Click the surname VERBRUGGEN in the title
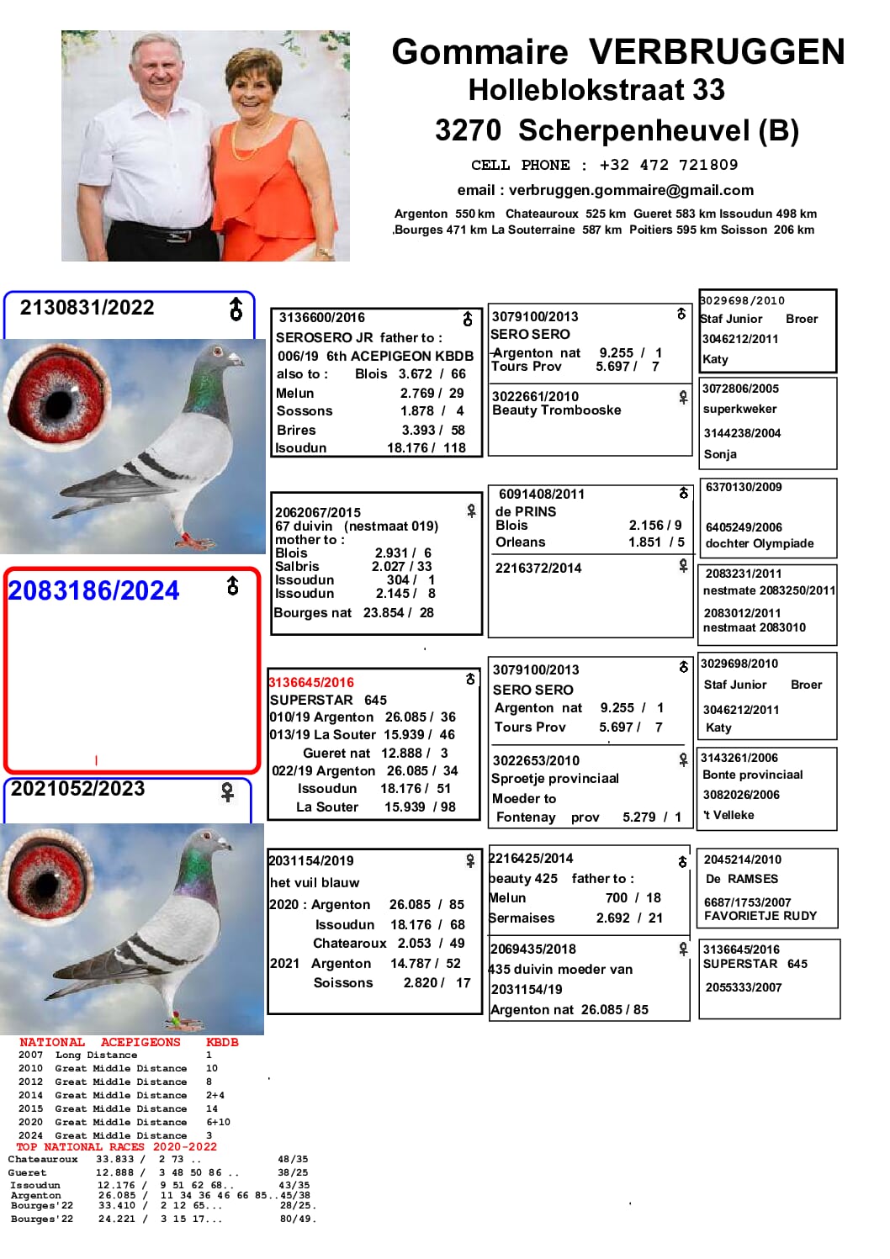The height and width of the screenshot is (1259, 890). [716, 52]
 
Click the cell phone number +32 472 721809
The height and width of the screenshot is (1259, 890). [668, 165]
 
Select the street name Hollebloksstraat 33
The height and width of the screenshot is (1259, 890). [596, 90]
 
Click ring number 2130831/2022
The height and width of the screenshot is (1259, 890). [87, 308]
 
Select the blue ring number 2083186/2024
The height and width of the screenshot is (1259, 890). [93, 591]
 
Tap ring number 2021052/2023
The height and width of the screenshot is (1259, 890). [78, 789]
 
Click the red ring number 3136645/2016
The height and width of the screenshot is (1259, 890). [311, 682]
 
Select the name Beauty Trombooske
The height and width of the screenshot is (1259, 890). [556, 410]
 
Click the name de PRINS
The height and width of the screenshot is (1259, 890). [526, 511]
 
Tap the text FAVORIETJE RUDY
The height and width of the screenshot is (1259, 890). [760, 916]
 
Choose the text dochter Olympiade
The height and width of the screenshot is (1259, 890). [760, 543]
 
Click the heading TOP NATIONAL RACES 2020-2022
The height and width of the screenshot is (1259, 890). [116, 1146]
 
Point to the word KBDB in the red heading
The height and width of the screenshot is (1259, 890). [222, 1042]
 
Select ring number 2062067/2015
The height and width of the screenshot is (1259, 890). [318, 512]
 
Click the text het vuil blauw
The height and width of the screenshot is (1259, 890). [315, 882]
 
